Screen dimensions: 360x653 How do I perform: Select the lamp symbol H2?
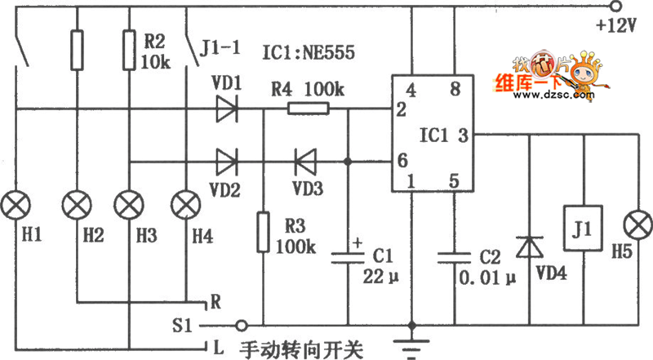click(x=76, y=201)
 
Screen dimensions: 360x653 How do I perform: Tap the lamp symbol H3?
click(x=129, y=201)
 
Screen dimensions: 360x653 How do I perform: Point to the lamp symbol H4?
click(x=186, y=201)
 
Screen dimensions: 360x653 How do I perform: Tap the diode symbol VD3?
click(x=306, y=160)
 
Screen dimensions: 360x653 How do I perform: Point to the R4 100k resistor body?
click(x=309, y=109)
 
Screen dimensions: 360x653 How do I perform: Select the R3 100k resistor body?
click(x=263, y=231)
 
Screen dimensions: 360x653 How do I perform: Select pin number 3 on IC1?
click(x=463, y=134)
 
